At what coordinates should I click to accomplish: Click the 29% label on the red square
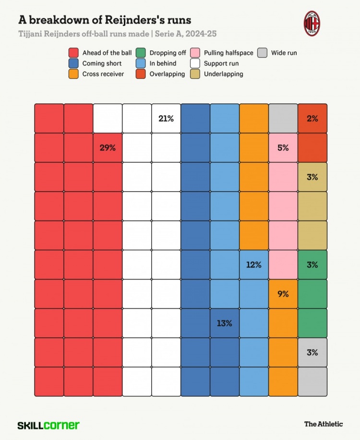pos(108,148)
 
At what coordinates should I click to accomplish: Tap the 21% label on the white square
pos(166,119)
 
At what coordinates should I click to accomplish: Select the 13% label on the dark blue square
pos(224,323)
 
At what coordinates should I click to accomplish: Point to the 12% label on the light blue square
pos(253,265)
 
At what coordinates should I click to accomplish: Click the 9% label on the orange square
pos(283,294)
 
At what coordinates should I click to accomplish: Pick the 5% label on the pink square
pos(283,148)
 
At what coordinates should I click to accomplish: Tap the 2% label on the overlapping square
pos(312,119)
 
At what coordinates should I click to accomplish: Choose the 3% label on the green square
pos(312,265)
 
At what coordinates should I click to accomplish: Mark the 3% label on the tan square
pos(312,177)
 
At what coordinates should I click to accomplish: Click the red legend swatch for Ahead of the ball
pos(73,53)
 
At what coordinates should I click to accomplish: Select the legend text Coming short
pos(102,63)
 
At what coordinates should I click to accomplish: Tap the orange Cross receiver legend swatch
pos(73,74)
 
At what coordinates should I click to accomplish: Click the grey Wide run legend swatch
pos(262,53)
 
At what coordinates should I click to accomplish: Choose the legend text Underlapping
pos(223,74)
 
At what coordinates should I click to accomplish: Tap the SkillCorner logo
pos(48,425)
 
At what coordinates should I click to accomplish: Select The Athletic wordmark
pos(324,424)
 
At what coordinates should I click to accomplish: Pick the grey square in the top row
pos(283,119)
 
